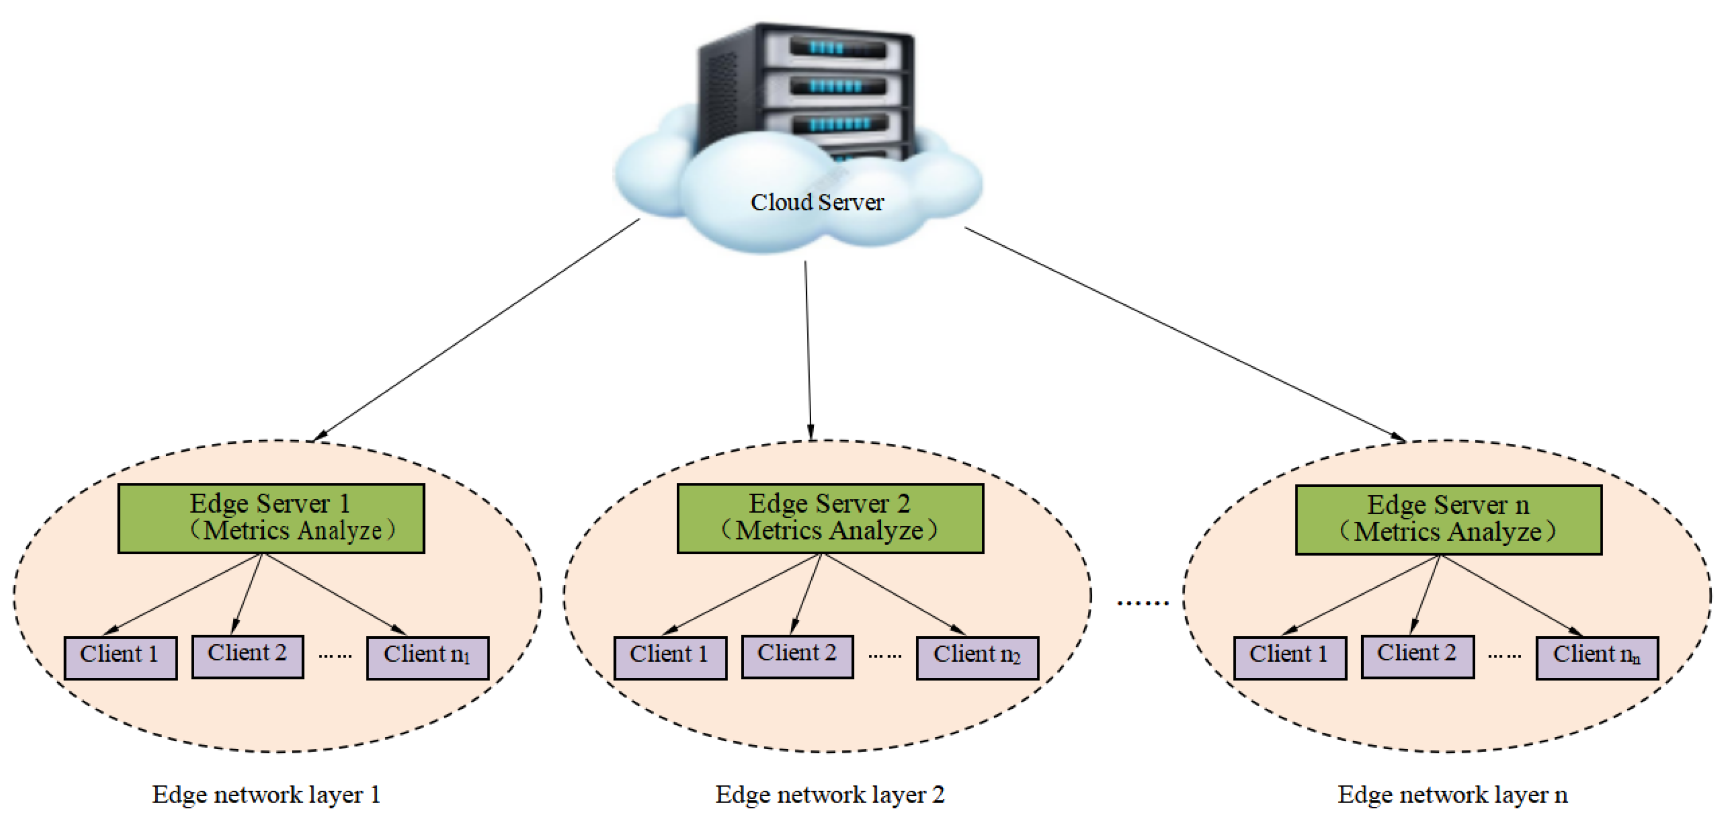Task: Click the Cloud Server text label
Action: (817, 202)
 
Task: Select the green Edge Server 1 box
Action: (271, 519)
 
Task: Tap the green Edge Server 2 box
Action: (830, 519)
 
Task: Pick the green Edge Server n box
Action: (1449, 520)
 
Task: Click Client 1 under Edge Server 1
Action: (121, 657)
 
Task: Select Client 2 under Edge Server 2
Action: (797, 657)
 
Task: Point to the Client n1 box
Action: (427, 657)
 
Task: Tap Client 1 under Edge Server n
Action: (1289, 657)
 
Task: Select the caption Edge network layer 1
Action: (266, 795)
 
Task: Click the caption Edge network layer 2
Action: (829, 795)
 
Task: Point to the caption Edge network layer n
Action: (1452, 795)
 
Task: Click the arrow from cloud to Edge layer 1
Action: (476, 330)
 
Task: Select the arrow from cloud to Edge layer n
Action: (1184, 334)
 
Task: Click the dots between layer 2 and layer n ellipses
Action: (1142, 603)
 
